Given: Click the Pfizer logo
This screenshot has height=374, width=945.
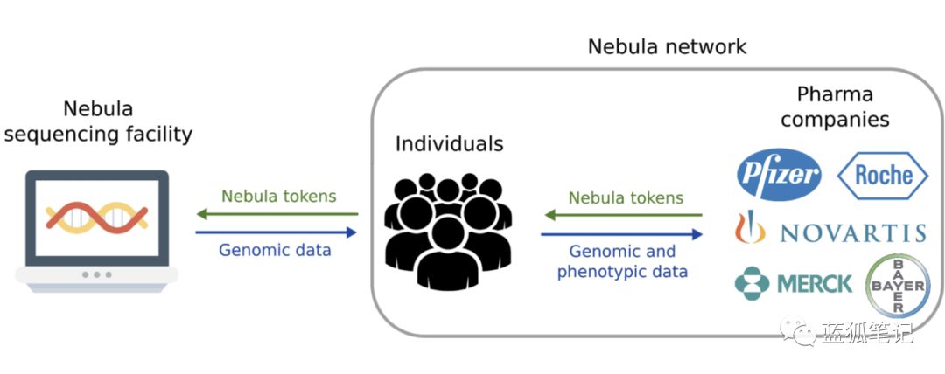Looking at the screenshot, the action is click(779, 175).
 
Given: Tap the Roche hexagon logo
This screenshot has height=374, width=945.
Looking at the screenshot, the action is click(883, 176).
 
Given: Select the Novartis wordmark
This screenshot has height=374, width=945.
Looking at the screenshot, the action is click(852, 232).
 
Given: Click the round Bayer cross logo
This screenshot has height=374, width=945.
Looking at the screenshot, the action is click(898, 286).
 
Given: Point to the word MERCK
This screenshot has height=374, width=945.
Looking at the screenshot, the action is click(815, 284).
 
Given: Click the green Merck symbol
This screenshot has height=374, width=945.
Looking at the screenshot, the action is click(752, 283).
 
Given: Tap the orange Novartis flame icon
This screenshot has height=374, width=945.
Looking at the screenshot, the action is click(750, 227).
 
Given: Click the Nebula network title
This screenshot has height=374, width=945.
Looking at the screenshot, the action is click(667, 46).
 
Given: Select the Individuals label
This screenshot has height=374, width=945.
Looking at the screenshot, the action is click(449, 143).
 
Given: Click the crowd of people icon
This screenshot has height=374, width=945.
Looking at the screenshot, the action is click(448, 231).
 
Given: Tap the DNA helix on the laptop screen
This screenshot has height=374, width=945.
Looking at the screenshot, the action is click(97, 218).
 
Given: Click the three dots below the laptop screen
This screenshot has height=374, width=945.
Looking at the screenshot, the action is click(97, 274).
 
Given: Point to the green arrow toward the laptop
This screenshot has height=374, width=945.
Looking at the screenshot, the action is click(277, 214).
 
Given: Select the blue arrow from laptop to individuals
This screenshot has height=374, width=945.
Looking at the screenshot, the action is click(276, 232).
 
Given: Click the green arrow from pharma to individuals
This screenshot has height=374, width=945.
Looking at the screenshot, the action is click(623, 215).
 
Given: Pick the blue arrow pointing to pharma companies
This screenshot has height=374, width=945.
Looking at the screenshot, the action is click(622, 234).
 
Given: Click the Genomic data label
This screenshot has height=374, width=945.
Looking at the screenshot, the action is click(275, 250).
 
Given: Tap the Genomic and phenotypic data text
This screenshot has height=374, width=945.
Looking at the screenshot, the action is click(622, 261).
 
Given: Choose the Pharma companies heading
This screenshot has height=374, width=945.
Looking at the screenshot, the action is click(835, 107).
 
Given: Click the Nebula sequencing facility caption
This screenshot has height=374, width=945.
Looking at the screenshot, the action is click(98, 121).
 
